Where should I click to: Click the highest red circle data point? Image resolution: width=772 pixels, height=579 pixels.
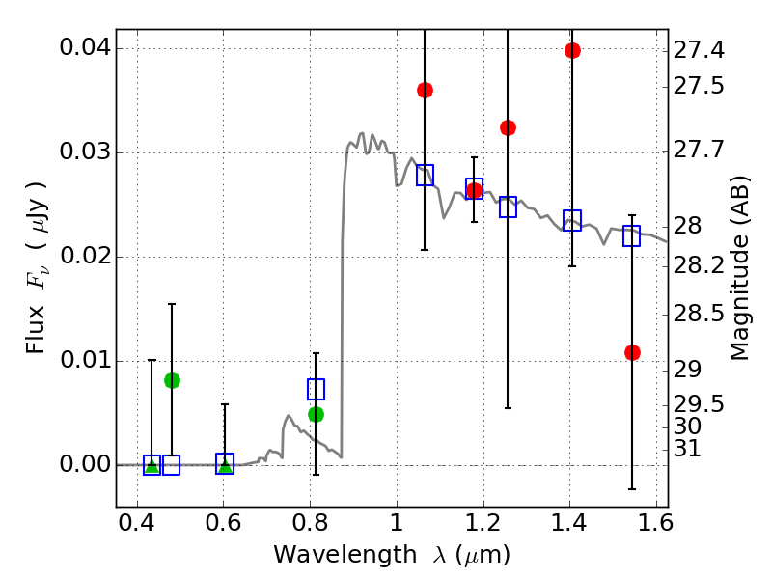tap(572, 51)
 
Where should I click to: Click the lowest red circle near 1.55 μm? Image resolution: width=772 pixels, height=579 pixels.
tap(632, 352)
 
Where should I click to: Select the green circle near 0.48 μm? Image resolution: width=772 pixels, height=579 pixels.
tap(172, 380)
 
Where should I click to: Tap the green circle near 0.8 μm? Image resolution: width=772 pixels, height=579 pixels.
tap(316, 414)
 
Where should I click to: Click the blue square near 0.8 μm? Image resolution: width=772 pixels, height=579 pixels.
tap(316, 389)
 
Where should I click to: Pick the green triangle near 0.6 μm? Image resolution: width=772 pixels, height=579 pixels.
tap(225, 466)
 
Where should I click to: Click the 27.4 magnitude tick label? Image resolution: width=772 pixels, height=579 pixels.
tap(700, 48)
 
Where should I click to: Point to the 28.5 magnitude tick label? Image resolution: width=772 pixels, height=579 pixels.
tap(700, 314)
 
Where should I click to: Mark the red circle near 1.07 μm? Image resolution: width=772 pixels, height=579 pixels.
tap(425, 90)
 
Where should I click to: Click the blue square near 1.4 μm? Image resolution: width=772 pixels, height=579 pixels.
tap(572, 220)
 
